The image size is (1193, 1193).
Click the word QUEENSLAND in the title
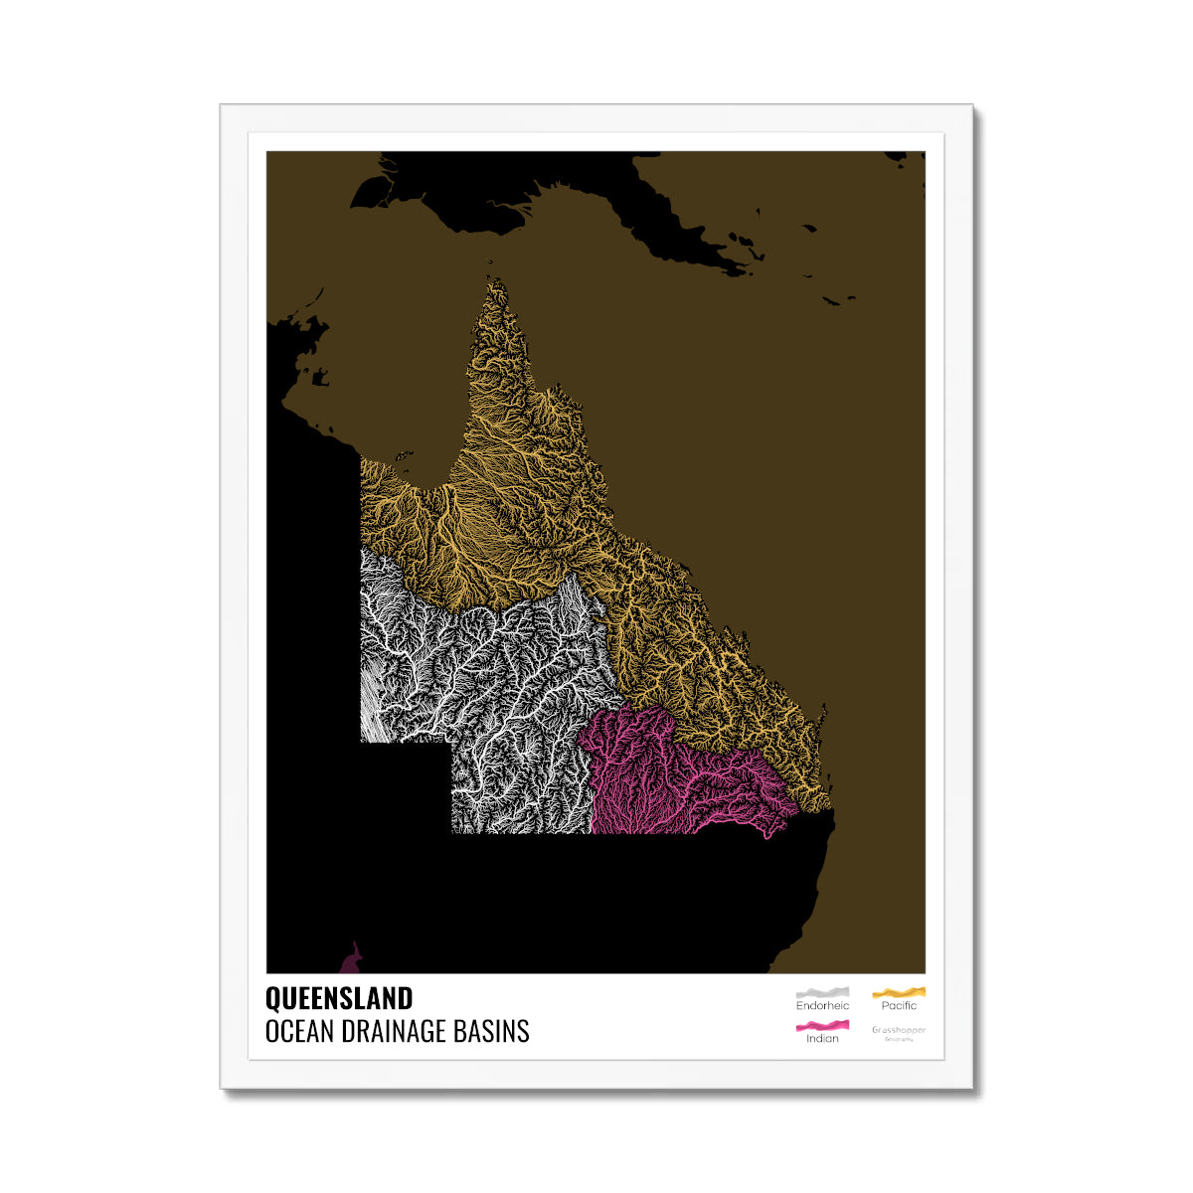pyautogui.click(x=338, y=998)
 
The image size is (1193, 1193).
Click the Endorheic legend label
pyautogui.click(x=822, y=1006)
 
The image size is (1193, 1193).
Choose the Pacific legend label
pyautogui.click(x=899, y=1006)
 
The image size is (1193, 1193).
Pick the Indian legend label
pyautogui.click(x=822, y=1039)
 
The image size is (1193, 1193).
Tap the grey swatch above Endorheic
pyautogui.click(x=822, y=992)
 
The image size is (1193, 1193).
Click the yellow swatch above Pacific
pyautogui.click(x=899, y=992)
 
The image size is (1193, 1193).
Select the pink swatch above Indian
pyautogui.click(x=822, y=1025)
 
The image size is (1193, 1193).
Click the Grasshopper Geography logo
pyautogui.click(x=899, y=1032)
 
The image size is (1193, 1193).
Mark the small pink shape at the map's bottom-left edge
pyautogui.click(x=351, y=961)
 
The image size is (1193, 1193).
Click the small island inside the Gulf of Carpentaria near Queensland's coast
pyautogui.click(x=404, y=455)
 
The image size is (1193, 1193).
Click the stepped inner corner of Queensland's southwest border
pyautogui.click(x=451, y=742)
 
